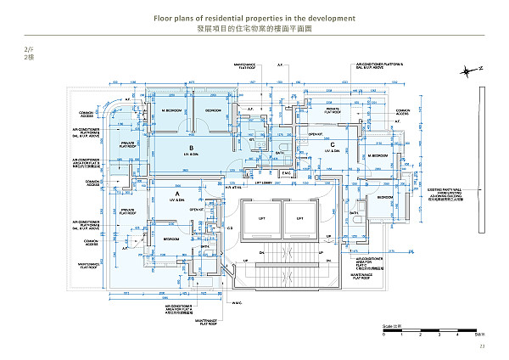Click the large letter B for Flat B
pos(193,147)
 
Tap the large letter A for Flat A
pos(176,194)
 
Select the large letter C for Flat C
pos(333,145)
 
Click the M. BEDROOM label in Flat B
pos(172,110)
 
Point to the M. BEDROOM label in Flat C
pos(378,156)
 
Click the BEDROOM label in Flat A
pos(170,239)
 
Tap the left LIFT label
pos(261,218)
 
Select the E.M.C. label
pos(286,174)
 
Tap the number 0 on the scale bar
pos(383,335)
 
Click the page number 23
pos(481,345)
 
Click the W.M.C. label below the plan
pos(238,302)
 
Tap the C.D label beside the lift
pos(230,228)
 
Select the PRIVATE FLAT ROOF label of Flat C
pos(334,110)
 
